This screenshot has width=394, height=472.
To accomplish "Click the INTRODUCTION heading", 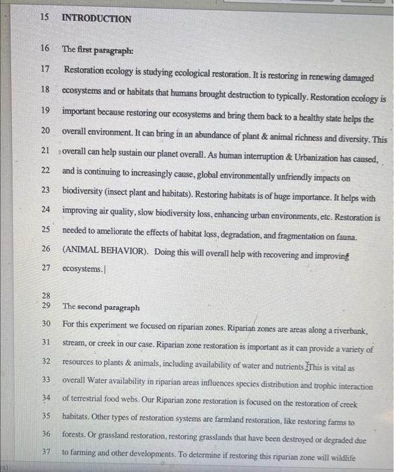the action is (x=96, y=19).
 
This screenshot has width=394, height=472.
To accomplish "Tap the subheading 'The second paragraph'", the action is (x=101, y=307).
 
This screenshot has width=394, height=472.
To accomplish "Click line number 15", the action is (x=44, y=18).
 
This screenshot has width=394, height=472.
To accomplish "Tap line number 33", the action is (x=45, y=379).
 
